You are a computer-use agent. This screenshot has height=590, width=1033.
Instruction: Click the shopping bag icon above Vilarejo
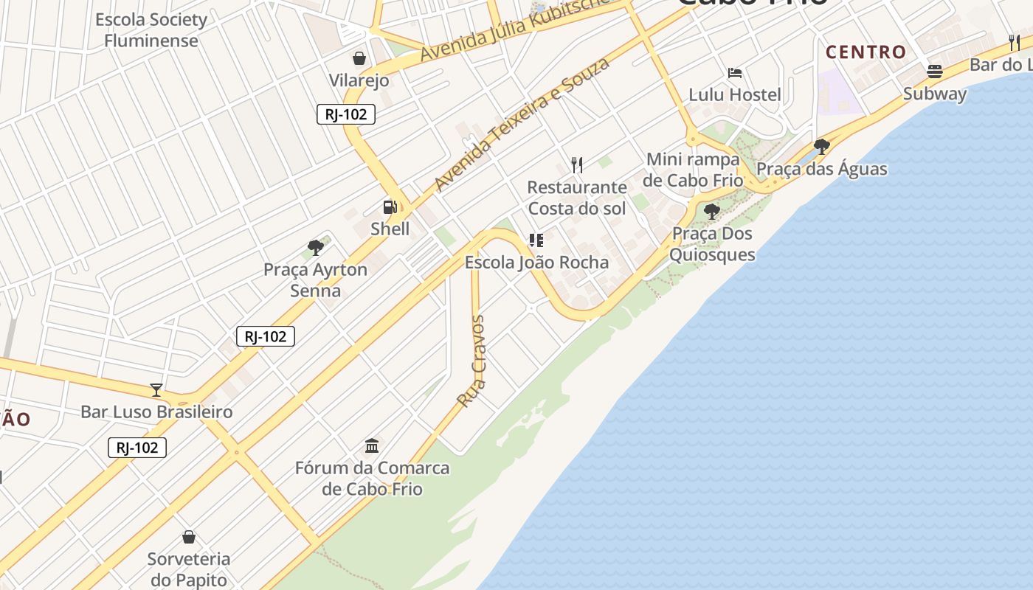359,58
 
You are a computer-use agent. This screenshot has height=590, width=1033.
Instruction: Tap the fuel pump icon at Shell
390,207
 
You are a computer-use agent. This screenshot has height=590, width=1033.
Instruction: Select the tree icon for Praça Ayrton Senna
316,248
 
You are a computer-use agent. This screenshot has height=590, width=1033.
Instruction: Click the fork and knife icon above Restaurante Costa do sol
577,164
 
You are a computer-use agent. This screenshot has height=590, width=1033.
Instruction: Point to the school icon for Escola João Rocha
536,240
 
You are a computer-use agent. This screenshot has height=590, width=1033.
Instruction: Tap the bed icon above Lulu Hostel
735,73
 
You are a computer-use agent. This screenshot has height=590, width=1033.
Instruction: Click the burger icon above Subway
935,72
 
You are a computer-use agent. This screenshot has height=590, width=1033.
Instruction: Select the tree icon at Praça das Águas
821,147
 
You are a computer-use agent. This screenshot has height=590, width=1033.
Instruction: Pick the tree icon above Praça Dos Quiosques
712,212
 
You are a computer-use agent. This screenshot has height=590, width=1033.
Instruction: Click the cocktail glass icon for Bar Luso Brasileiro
156,390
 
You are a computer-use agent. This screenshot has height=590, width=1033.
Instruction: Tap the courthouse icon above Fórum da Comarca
372,446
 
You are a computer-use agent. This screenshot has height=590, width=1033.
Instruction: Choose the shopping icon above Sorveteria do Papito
189,537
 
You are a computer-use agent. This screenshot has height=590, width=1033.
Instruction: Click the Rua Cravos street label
471,361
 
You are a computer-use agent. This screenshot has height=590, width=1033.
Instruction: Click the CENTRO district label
866,52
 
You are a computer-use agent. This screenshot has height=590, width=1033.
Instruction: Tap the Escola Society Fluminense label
151,30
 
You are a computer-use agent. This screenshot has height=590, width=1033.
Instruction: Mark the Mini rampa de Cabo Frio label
692,170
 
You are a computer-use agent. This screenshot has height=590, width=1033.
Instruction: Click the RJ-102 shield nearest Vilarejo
346,114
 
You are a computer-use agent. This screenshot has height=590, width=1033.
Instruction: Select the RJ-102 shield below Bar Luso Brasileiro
137,448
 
